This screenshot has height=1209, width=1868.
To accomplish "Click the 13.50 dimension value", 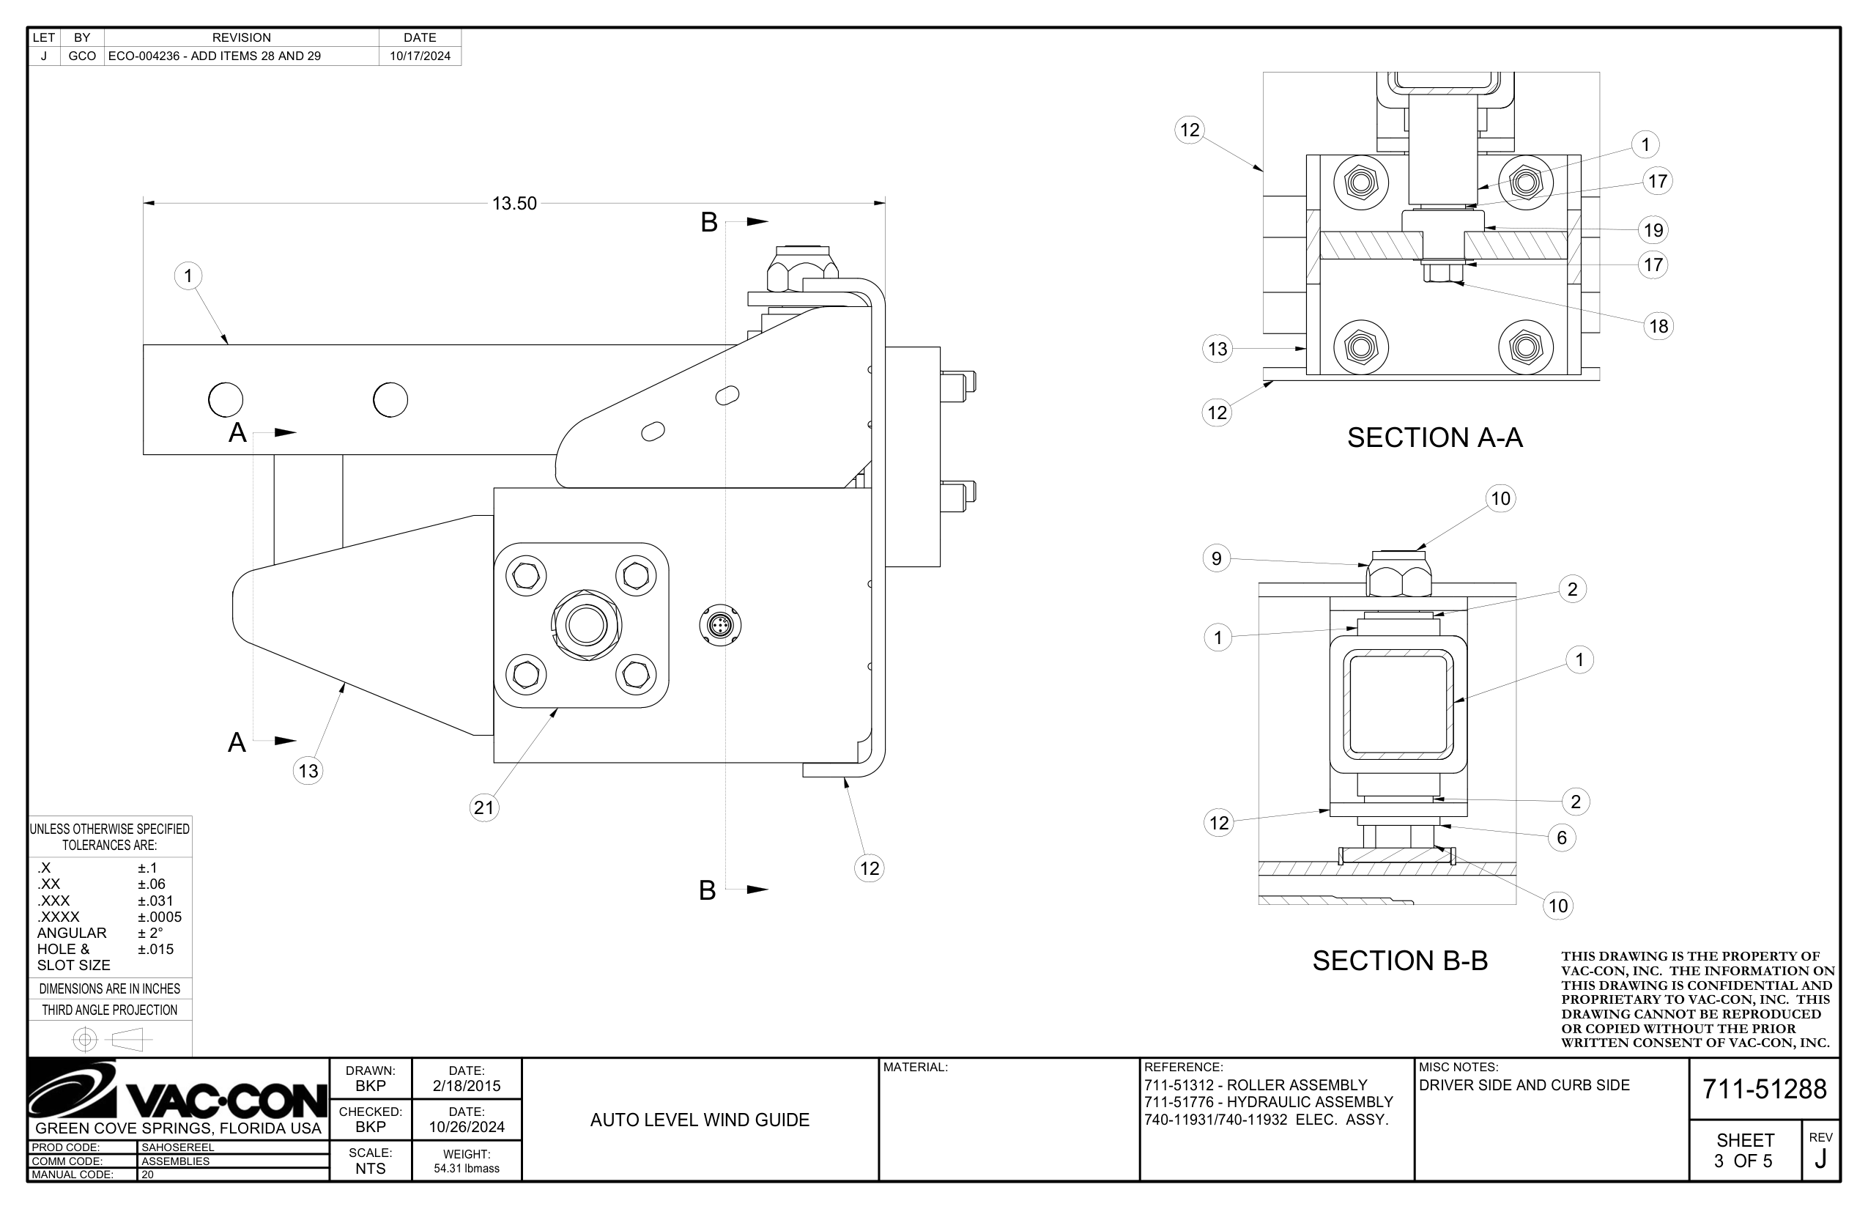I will tap(514, 204).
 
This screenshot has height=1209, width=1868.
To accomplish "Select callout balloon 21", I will tap(484, 807).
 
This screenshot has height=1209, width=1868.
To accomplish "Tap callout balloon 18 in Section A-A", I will tap(1658, 326).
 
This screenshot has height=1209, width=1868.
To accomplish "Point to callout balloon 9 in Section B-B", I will tap(1216, 558).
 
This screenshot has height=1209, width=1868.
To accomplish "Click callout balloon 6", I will tap(1561, 838).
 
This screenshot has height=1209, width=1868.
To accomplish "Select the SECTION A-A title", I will tap(1434, 437).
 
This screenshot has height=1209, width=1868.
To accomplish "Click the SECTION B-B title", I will tap(1399, 960).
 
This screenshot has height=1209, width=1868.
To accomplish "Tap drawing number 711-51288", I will tap(1764, 1089).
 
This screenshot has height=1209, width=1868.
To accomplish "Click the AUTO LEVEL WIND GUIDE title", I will tap(700, 1120).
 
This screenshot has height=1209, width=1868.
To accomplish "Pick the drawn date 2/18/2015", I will tap(466, 1086).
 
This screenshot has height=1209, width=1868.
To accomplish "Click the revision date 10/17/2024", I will tap(420, 56).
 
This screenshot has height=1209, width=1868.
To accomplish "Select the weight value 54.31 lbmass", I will tap(466, 1168).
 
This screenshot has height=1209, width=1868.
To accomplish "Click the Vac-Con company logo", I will tap(177, 1091).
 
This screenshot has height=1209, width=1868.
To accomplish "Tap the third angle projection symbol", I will tap(110, 1040).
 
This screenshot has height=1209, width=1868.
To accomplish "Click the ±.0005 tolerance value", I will tap(160, 916).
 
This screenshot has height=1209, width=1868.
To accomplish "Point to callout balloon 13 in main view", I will tap(308, 770).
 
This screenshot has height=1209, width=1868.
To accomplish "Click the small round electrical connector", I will tap(719, 625).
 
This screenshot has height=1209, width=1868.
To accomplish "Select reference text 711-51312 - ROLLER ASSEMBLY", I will tap(1255, 1085).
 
